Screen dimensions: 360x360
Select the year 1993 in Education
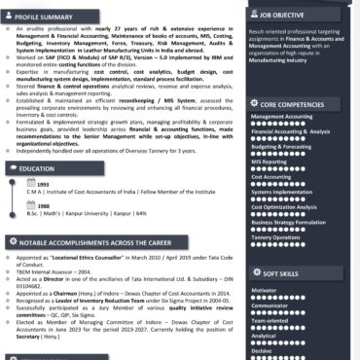(44, 184)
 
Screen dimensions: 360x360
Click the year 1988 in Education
(44, 205)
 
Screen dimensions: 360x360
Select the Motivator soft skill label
(265, 289)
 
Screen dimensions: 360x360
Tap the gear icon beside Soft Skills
(255, 274)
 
